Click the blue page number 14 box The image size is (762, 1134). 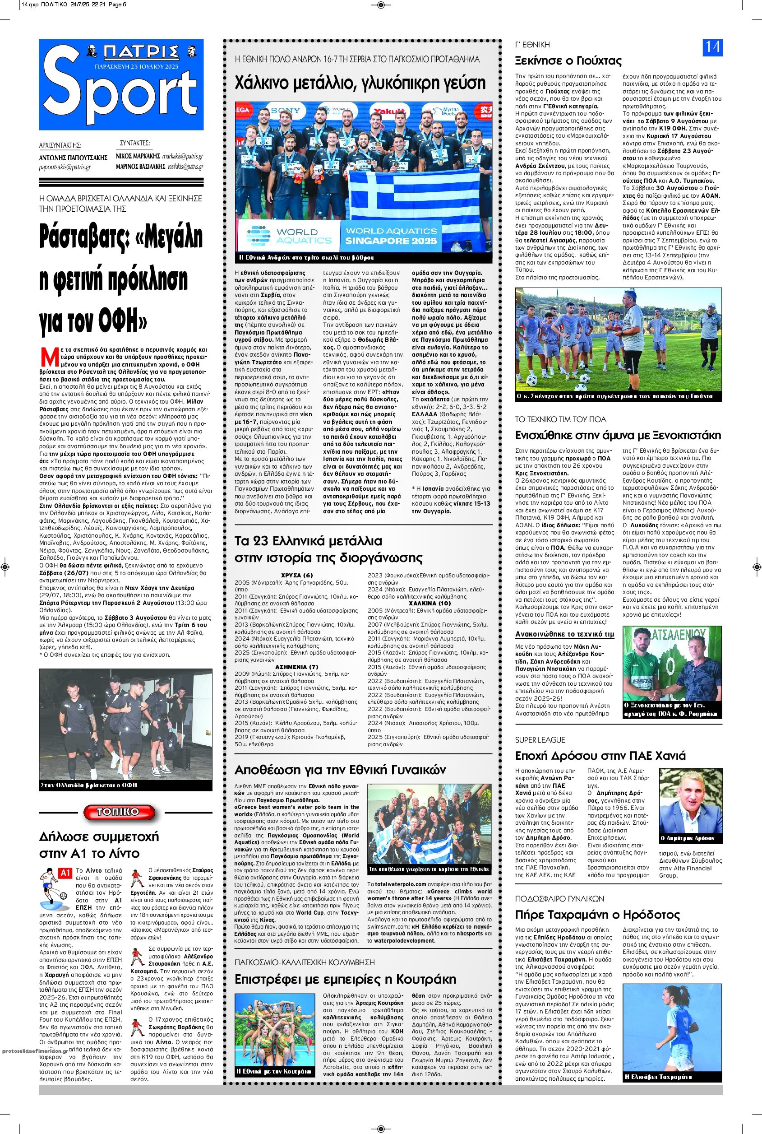pos(712,48)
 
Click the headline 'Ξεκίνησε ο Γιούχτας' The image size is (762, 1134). pos(568,61)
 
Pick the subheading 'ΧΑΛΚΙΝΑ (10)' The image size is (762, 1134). pos(429,603)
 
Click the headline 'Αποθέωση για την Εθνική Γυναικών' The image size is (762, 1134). pos(340,770)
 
